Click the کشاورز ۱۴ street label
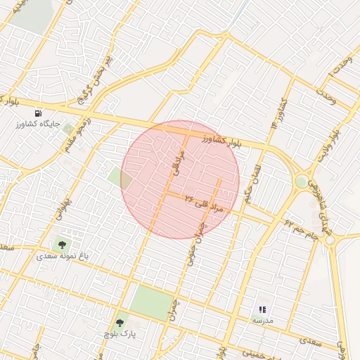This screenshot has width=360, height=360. coord(278,113)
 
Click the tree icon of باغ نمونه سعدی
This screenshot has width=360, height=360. coord(63,245)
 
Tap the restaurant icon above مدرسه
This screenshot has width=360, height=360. coord(262,309)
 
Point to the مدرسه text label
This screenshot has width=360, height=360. coord(262,321)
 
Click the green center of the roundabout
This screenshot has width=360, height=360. coord(301,181)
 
